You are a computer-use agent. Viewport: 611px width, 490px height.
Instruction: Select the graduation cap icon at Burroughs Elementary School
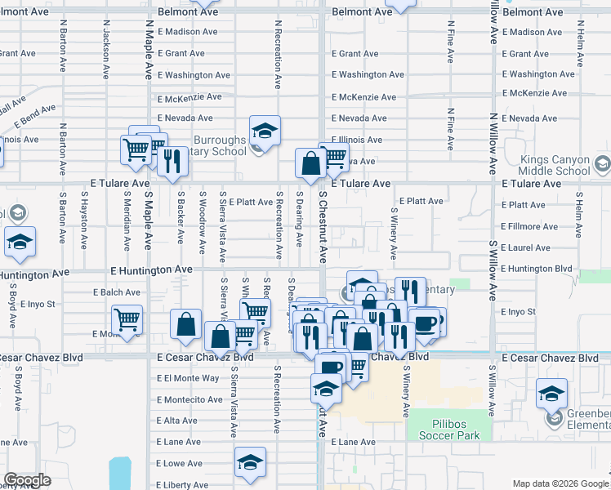(x=265, y=131)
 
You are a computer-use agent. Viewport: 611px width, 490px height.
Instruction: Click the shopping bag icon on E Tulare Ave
(x=310, y=163)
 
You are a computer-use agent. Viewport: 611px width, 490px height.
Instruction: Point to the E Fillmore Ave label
(x=530, y=226)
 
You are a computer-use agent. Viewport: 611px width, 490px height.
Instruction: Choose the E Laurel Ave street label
(x=525, y=247)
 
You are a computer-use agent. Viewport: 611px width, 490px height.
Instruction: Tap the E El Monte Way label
(x=188, y=378)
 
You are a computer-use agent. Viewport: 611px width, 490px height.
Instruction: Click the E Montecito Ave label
(x=190, y=399)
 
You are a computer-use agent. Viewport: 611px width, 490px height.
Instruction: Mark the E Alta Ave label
(x=176, y=421)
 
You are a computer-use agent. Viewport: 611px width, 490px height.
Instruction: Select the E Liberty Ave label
(x=182, y=485)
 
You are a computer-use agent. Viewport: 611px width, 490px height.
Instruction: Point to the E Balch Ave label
(x=116, y=292)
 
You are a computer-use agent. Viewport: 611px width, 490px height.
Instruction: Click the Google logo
(x=27, y=480)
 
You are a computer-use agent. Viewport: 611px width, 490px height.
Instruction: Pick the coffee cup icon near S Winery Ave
(x=425, y=323)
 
